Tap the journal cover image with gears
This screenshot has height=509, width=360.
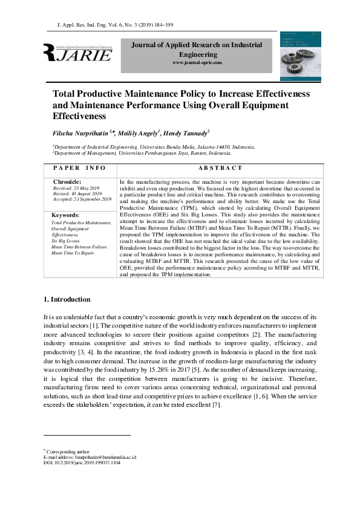click(300, 56)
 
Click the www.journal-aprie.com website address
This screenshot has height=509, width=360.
click(197, 63)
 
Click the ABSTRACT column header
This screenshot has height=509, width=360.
click(220, 168)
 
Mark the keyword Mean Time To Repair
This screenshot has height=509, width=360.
click(74, 253)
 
